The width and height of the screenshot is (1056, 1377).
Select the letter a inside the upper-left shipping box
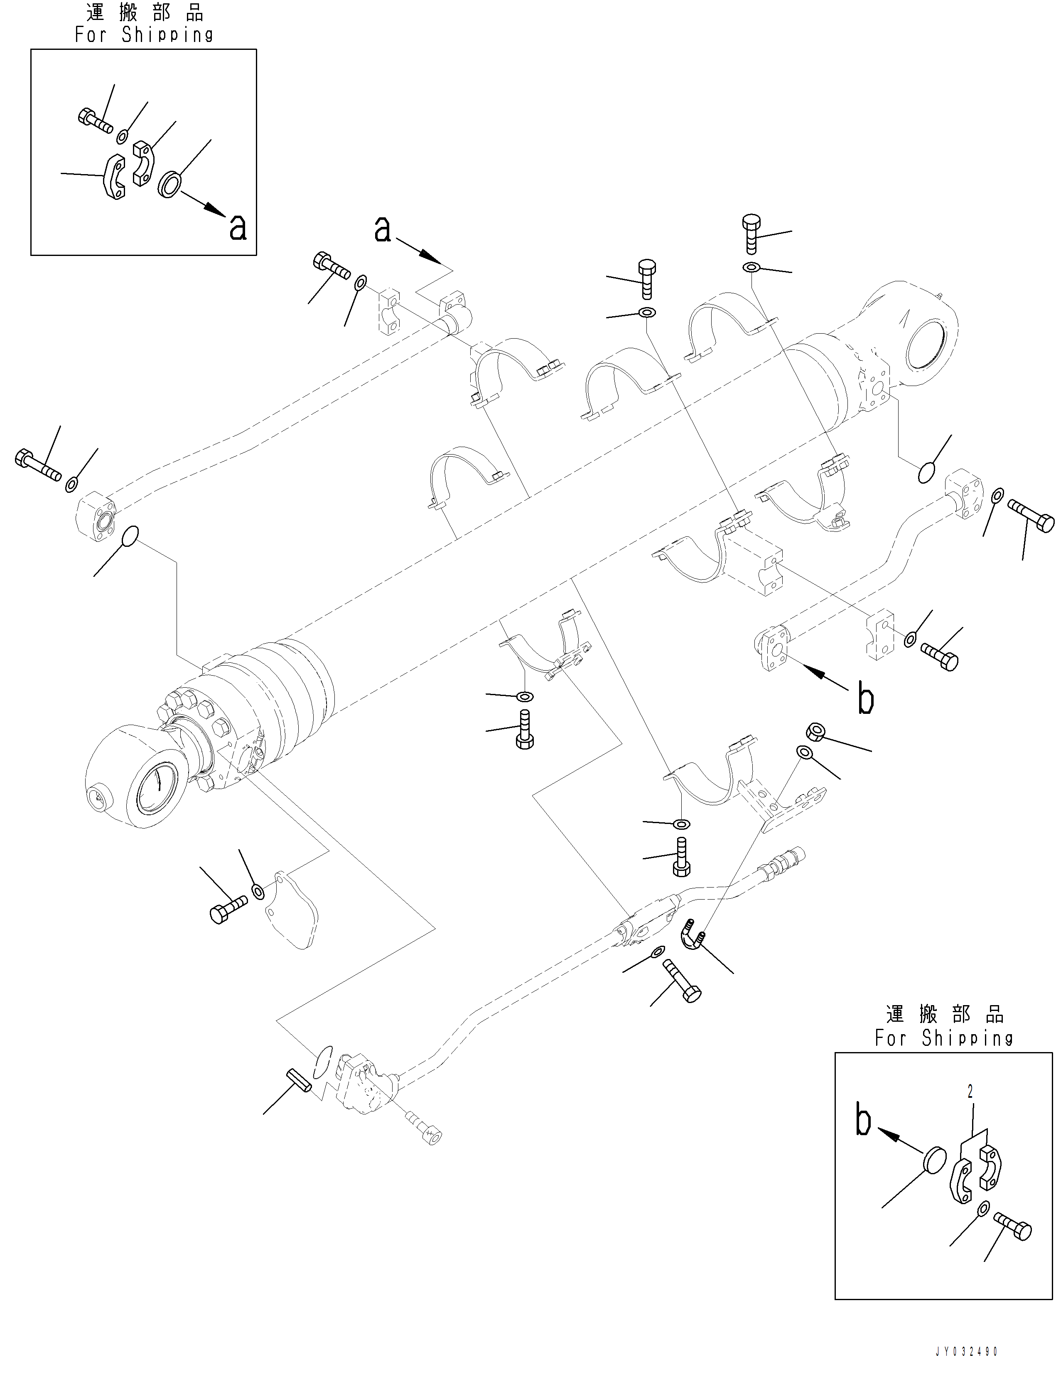point(238,228)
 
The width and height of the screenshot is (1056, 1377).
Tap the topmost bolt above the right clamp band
point(752,233)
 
